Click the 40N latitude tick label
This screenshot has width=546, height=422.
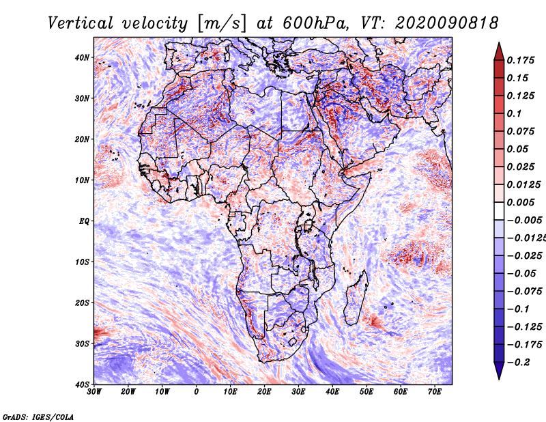coord(82,57)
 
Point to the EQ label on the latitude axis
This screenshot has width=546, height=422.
coord(83,221)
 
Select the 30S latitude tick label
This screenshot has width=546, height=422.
coord(82,343)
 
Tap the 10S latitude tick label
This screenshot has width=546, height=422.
coord(82,262)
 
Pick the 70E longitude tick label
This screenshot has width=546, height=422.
coord(435,391)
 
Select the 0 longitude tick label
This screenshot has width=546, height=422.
coord(197,391)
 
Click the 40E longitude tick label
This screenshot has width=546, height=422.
coord(332,391)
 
